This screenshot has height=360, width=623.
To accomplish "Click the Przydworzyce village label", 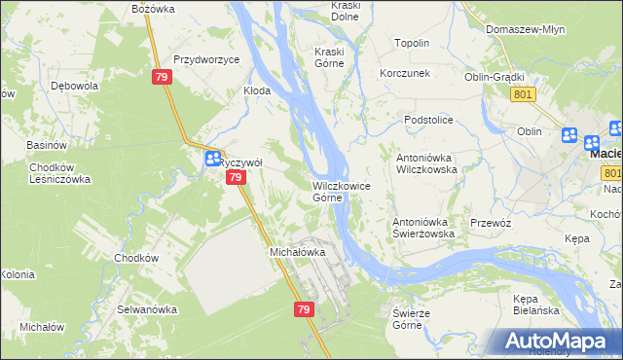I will [x=206, y=59].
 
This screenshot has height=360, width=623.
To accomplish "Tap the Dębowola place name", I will [x=76, y=86].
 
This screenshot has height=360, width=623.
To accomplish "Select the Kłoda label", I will [x=256, y=90].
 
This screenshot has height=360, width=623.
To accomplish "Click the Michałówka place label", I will [x=297, y=252].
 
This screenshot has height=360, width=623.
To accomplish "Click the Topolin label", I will [x=412, y=44].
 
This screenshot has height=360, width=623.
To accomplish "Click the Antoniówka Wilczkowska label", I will [x=425, y=162].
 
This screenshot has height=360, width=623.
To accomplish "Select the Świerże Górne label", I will [x=411, y=318].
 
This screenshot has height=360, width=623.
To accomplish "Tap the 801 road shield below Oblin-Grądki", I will [x=522, y=93].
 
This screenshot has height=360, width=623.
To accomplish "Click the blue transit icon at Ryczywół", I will [x=211, y=160].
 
